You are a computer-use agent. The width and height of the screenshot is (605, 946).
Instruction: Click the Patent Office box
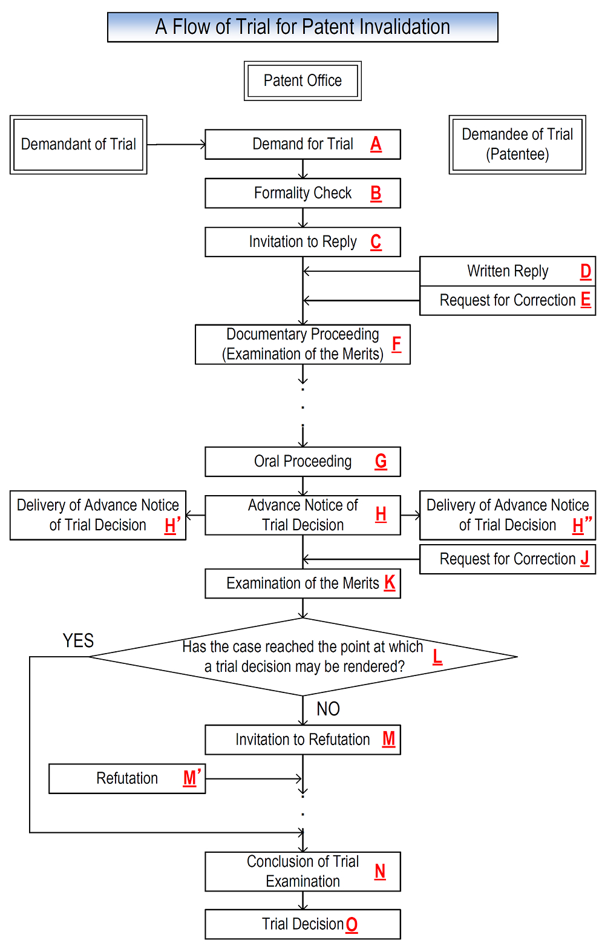click(302, 80)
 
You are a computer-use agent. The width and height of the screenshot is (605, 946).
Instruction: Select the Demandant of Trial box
click(78, 145)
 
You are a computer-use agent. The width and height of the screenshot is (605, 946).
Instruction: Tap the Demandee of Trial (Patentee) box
click(517, 145)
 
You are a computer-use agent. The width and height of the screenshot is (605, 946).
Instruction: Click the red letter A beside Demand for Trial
click(376, 144)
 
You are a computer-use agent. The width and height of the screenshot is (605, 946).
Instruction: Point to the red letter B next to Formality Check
click(376, 193)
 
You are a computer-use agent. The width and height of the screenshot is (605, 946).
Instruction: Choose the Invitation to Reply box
click(302, 242)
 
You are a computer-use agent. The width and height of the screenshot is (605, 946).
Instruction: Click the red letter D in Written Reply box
click(585, 271)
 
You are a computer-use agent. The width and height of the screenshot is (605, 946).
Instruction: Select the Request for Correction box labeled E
click(507, 300)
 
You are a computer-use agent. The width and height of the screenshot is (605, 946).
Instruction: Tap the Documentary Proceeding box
click(302, 344)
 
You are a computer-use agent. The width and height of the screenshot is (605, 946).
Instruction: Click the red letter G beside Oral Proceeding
click(381, 461)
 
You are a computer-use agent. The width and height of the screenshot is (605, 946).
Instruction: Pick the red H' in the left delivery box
click(172, 525)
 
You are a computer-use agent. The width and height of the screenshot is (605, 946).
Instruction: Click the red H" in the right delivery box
click(581, 525)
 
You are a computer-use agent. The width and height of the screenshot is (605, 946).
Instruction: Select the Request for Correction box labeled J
click(507, 559)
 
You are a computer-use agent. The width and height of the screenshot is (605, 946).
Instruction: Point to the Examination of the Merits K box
click(302, 583)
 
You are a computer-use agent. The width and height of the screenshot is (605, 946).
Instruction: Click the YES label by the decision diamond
click(78, 640)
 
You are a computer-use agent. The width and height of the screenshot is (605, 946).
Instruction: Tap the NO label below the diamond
click(328, 709)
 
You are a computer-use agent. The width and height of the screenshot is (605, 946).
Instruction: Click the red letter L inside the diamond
click(437, 656)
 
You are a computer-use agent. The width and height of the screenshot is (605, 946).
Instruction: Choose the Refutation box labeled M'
click(127, 778)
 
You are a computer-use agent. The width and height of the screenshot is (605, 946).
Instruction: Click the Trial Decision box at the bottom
click(302, 924)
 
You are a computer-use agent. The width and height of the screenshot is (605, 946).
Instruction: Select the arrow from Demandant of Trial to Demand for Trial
click(176, 145)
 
